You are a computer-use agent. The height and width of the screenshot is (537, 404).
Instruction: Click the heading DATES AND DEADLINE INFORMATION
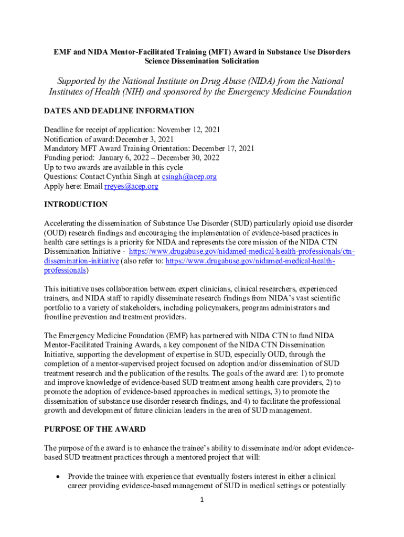click(119, 111)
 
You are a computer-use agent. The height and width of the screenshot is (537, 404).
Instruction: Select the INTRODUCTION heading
click(76, 204)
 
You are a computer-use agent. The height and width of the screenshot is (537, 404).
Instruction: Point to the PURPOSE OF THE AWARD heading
click(95, 429)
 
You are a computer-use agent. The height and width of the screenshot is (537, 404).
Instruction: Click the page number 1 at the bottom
click(202, 500)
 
